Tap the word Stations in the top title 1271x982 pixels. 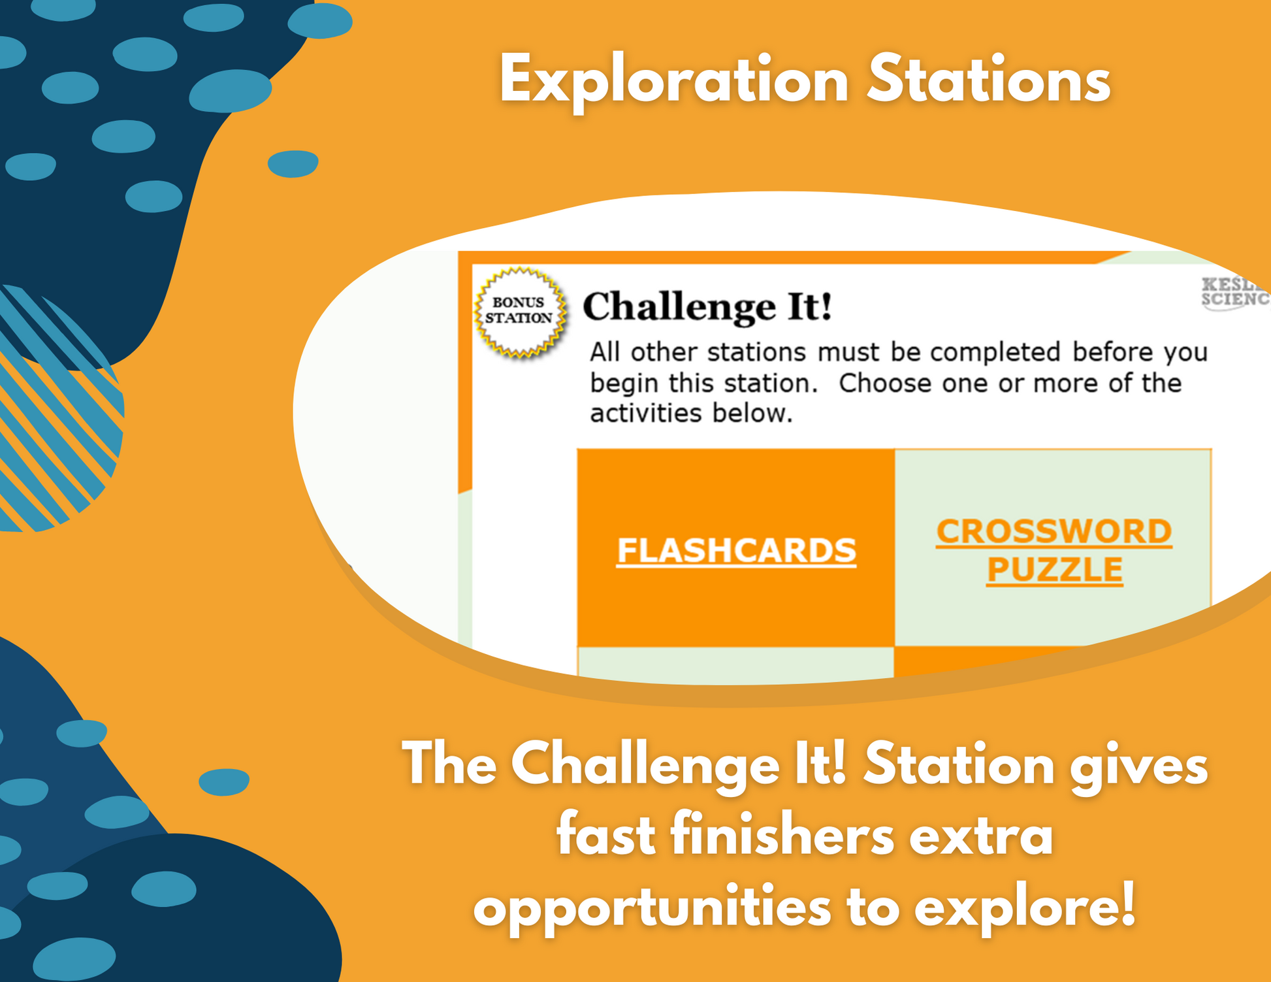coord(989,80)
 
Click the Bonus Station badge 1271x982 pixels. coord(520,312)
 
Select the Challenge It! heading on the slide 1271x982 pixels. coord(707,306)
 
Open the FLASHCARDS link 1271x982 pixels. coord(737,550)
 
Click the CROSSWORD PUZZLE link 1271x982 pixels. coord(1054,550)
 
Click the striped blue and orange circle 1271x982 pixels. coord(52,409)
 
